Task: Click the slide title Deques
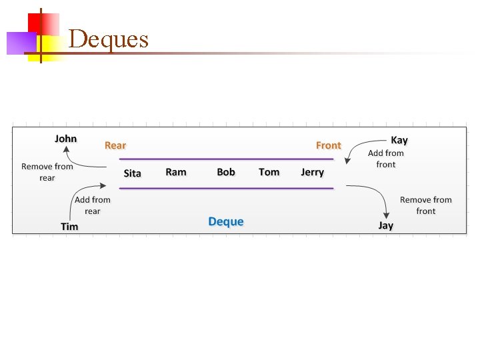pos(108,39)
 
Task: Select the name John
pos(65,139)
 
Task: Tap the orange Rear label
pos(115,145)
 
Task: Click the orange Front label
pos(328,145)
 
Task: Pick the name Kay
pos(399,140)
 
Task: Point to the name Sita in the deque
pos(133,173)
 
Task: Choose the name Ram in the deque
pos(176,172)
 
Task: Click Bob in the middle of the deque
pos(226,172)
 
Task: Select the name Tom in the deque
pos(269,172)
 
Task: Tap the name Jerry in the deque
pos(312,172)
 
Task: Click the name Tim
pos(69,227)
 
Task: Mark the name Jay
pos(385,225)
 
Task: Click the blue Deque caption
pos(226,221)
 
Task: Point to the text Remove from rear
pos(47,172)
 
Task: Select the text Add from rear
pos(93,205)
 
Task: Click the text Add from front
pos(385,159)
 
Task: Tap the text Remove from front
pos(425,205)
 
